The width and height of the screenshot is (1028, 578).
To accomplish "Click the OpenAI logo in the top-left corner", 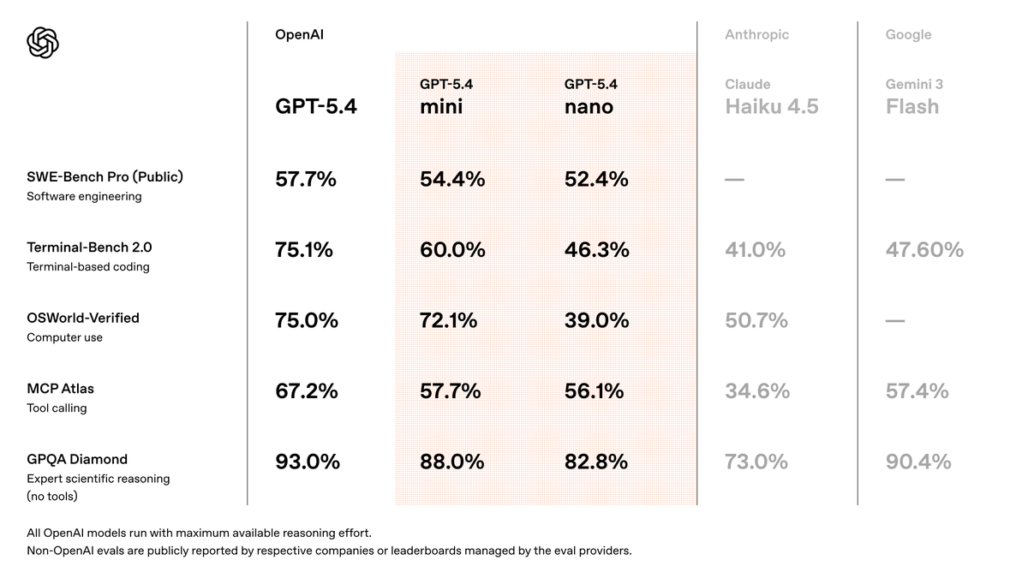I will (x=43, y=42).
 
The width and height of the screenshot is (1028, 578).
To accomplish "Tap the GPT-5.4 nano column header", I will (x=591, y=97).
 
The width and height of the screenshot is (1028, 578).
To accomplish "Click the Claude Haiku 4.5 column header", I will (x=771, y=97).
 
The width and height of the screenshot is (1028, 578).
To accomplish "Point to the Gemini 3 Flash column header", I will (x=913, y=97).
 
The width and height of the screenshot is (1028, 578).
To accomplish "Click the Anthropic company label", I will (x=756, y=35).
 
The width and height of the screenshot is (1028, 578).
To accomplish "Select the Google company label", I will (x=908, y=35).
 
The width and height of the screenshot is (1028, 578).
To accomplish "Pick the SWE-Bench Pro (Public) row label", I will (x=105, y=177).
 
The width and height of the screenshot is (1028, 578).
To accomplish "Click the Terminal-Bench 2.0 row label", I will (x=89, y=247).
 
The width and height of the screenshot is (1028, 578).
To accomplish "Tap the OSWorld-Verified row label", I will (x=82, y=318).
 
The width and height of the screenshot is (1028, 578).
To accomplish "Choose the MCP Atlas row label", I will (x=60, y=389).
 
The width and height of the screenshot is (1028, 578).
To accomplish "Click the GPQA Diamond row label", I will (x=77, y=459).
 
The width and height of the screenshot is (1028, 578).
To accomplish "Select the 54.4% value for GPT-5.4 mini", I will (x=452, y=179).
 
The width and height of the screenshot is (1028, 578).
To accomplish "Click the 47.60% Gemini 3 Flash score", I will (x=924, y=250).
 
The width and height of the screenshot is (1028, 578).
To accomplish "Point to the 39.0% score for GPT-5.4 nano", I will (x=596, y=320).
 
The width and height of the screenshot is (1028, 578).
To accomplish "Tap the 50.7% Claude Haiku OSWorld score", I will (x=756, y=320).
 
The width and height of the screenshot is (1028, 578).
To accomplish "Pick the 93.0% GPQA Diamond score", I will (x=307, y=462).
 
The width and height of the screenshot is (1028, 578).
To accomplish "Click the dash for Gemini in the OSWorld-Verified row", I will (x=895, y=321).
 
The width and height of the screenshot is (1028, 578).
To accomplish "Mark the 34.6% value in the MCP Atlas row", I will (x=756, y=391).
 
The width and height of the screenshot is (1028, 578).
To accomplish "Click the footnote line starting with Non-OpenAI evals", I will (x=329, y=551).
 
